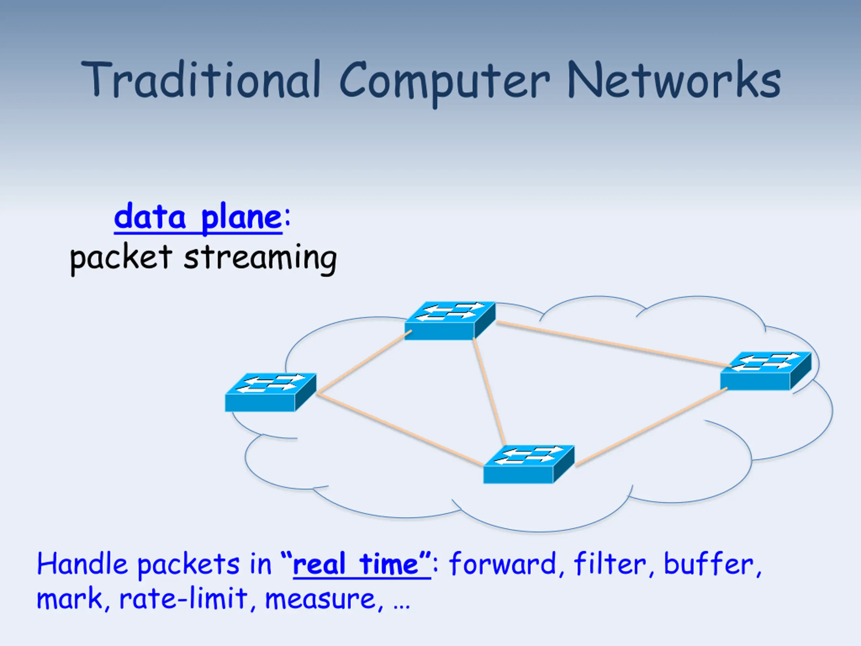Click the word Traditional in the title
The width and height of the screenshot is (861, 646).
(200, 80)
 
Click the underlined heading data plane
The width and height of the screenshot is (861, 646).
(198, 217)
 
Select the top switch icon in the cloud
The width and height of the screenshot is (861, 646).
(450, 320)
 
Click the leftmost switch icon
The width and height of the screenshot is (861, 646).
(270, 392)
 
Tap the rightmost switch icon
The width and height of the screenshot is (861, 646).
(765, 370)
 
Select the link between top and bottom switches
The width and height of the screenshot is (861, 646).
(489, 391)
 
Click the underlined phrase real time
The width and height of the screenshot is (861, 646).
(361, 565)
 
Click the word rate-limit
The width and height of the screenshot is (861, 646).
(183, 599)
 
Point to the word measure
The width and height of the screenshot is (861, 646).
(320, 599)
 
